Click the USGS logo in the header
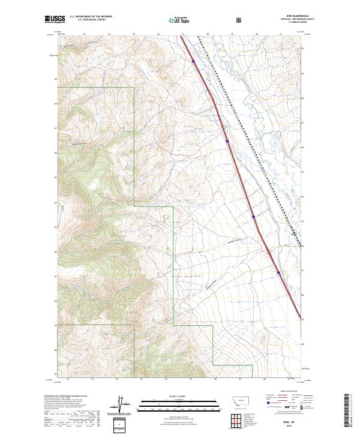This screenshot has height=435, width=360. pos(55,20)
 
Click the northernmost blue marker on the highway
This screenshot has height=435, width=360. pos(193,61)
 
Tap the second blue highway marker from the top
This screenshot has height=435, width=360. pos(227,141)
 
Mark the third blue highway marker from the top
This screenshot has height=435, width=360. pos(254,217)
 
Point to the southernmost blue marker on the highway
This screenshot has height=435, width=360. pos(278,273)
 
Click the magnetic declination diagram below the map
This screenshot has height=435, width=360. pos(120,405)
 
